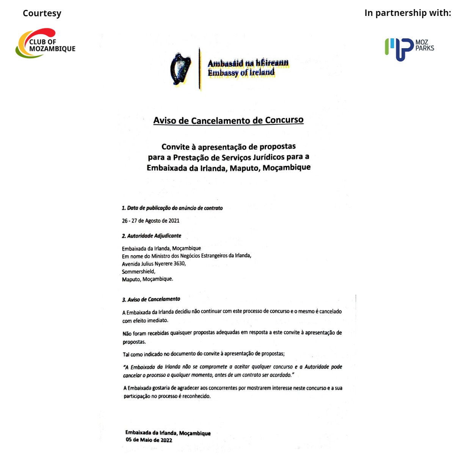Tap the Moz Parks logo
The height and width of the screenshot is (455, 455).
pos(409,49)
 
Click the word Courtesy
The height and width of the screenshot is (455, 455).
pos(42,13)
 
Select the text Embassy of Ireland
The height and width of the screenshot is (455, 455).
pos(241,72)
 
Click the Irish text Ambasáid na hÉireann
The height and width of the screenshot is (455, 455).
pos(248,63)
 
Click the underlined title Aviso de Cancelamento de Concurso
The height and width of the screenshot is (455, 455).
pos(228,120)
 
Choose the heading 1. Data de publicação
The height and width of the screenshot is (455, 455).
pos(172,208)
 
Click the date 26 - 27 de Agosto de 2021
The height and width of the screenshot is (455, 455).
pos(151,220)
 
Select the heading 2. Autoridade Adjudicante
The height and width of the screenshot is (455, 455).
pos(152,236)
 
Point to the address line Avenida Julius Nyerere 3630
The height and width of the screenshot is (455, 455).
pos(154,263)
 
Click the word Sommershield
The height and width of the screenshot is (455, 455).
pos(138,271)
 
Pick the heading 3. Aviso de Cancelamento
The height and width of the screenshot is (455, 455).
pos(151,299)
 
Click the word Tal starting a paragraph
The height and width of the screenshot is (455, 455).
pos(126,354)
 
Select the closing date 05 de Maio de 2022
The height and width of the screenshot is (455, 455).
pos(149,440)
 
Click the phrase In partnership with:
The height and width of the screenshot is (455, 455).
pos(408,13)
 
